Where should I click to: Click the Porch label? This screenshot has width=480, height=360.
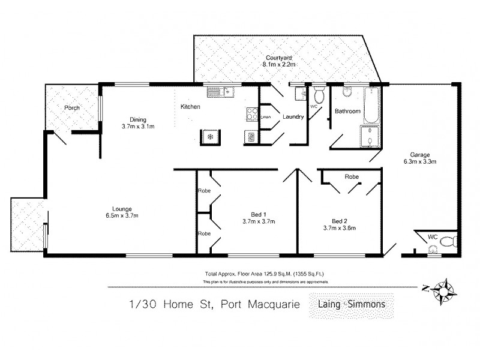click(73, 108)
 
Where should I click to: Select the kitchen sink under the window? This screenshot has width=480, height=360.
click(219, 92)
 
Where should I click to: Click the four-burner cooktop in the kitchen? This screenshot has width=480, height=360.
click(251, 113)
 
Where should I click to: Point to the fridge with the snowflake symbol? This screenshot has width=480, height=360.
click(210, 136)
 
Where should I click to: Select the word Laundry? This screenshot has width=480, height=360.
click(294, 117)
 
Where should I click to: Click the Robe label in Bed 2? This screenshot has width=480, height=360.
click(352, 177)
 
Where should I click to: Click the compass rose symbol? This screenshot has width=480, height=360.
click(445, 289)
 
